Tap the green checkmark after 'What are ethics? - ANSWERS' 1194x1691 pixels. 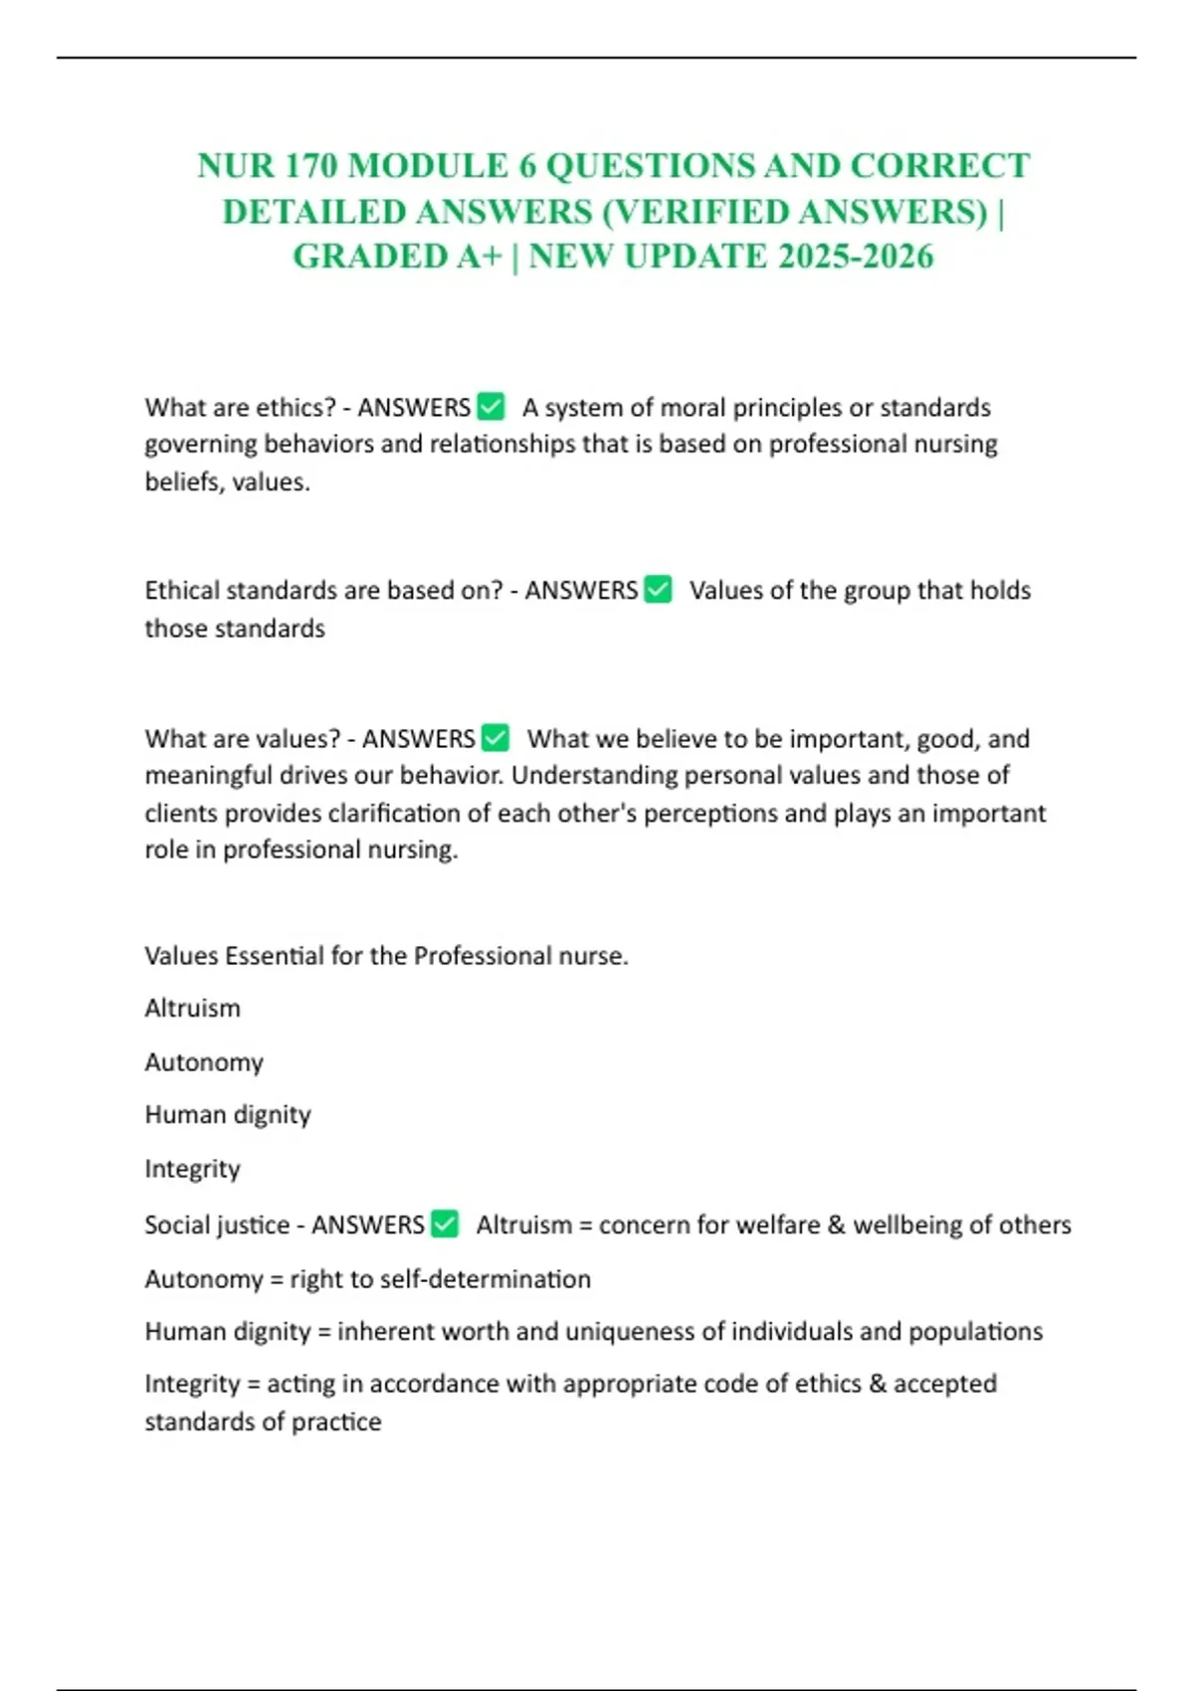click(492, 406)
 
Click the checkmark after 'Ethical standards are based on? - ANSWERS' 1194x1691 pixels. click(659, 589)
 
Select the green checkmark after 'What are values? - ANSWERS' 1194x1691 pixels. click(496, 737)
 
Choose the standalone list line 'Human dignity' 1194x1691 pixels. click(228, 1115)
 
